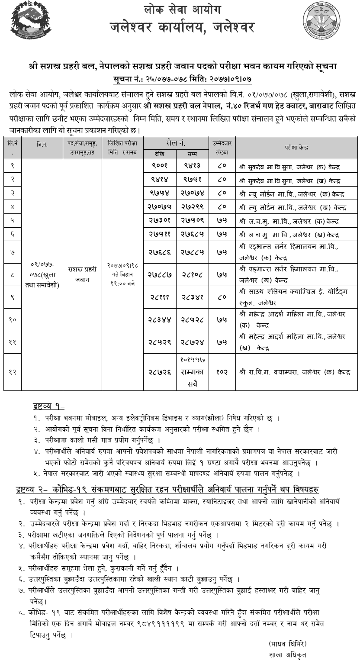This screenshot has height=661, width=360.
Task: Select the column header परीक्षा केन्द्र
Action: (x=296, y=148)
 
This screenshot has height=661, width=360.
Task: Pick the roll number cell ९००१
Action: (x=160, y=165)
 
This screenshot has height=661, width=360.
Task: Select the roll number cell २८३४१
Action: (x=192, y=297)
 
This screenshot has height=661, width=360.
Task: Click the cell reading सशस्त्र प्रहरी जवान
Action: (x=82, y=275)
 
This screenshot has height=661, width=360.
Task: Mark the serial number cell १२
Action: (x=13, y=372)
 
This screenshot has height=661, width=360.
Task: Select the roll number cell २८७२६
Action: (x=160, y=372)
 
